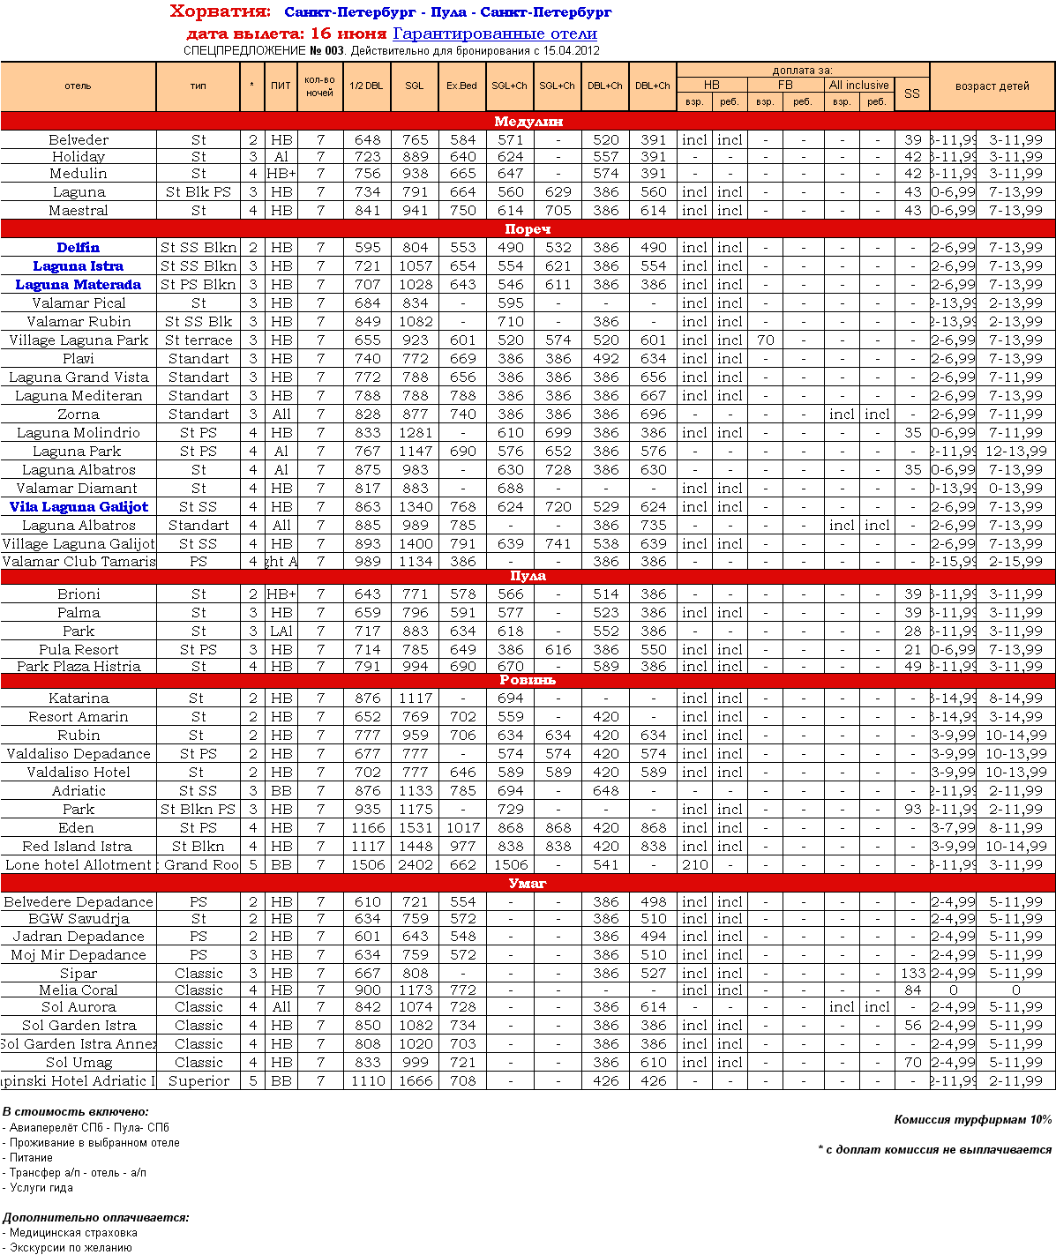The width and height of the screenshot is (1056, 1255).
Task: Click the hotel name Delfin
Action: point(79,248)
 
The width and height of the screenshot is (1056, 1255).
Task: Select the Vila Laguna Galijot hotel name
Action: point(79,507)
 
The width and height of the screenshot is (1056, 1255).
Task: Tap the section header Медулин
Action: point(528,122)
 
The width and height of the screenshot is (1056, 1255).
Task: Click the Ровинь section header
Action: point(528,680)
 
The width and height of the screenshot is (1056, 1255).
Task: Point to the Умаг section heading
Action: point(528,883)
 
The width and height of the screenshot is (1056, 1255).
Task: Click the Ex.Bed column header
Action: point(462,86)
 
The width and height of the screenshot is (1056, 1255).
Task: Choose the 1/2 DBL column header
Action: point(367,86)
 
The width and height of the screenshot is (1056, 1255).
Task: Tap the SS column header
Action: point(911,93)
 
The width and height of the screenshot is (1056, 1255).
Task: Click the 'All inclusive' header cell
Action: point(858,85)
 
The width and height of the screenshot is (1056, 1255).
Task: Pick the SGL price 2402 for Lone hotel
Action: point(415,865)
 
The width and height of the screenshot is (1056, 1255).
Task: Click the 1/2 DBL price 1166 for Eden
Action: point(367,828)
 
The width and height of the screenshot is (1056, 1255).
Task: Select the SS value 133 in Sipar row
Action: point(913,974)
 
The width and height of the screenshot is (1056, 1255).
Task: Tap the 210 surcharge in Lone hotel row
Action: point(694,865)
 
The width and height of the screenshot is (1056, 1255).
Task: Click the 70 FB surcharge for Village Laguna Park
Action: point(765,340)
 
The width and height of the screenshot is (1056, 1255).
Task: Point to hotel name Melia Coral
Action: point(79,990)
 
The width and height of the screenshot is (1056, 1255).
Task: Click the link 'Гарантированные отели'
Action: point(495,34)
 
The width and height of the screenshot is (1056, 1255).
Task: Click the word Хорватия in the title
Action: point(220,11)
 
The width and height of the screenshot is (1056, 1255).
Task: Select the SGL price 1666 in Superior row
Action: point(415,1081)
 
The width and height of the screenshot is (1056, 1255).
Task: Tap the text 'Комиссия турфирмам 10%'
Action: point(972,1119)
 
